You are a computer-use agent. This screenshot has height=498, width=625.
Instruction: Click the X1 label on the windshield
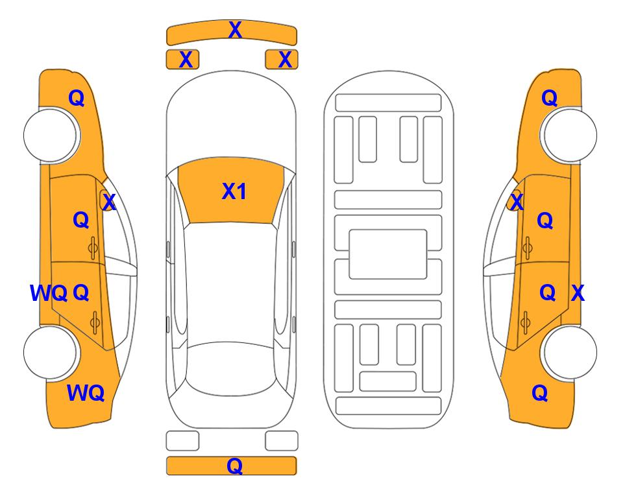pos(234,191)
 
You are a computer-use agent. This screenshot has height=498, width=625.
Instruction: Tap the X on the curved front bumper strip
pos(235,30)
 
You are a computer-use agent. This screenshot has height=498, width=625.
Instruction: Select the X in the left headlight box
pos(186,60)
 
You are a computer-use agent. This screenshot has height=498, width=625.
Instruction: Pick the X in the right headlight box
pos(285,60)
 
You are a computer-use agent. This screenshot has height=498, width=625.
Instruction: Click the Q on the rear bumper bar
pos(235,466)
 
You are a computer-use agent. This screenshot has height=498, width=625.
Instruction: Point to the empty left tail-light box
pos(182,441)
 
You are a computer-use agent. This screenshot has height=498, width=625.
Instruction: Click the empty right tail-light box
pos(282,441)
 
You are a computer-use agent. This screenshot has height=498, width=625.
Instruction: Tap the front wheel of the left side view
pos(50,136)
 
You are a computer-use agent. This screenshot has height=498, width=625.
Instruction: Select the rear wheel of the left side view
pos(50,353)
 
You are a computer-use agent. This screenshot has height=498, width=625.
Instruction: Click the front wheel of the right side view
pos(569,136)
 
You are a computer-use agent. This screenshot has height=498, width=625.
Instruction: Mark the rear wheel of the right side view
pos(569,353)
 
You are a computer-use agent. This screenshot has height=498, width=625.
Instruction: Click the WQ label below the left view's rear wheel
pos(86,393)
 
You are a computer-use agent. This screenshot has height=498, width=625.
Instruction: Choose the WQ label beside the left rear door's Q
pos(49,293)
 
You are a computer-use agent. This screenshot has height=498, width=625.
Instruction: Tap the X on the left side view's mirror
pos(109,202)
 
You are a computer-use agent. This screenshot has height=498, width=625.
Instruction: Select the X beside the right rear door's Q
pos(578,293)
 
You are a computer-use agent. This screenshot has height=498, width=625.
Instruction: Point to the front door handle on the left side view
pos(93,248)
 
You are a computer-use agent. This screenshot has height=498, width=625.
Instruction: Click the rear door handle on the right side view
pos(525,323)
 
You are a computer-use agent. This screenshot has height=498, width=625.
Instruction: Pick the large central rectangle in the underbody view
pos(388,254)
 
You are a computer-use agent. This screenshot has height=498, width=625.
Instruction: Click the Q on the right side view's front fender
pos(549,98)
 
